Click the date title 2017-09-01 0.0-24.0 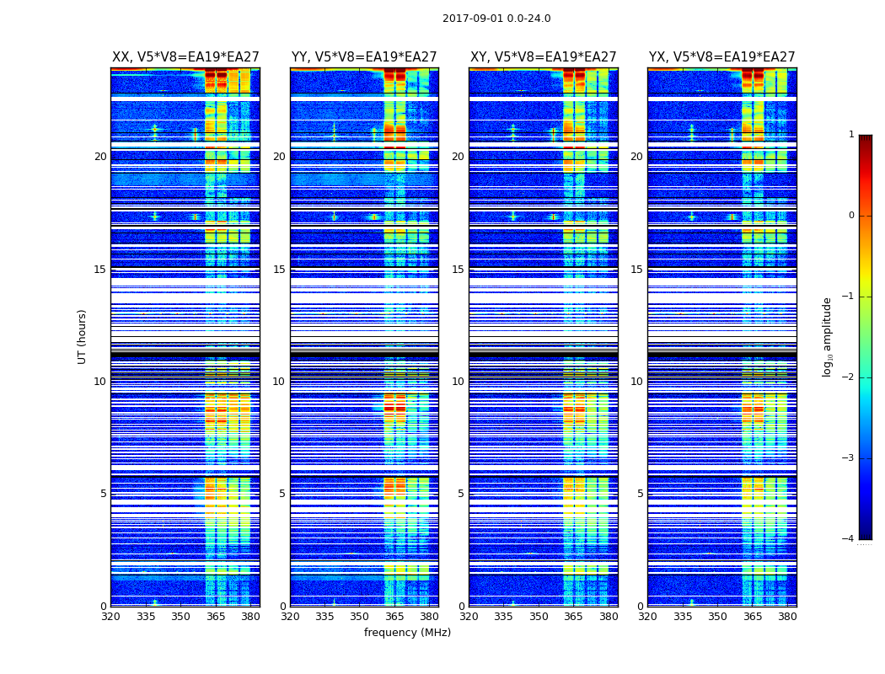[x=496, y=19]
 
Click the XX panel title [x=185, y=57]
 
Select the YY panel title [x=364, y=57]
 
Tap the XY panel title [x=544, y=57]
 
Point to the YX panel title [x=722, y=57]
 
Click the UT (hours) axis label [x=83, y=336]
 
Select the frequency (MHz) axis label [x=407, y=633]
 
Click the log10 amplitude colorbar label [x=828, y=336]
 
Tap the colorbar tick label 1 [x=851, y=135]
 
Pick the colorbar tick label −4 [x=849, y=539]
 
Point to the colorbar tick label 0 [x=851, y=216]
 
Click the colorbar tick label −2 [x=849, y=377]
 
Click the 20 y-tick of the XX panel [x=100, y=157]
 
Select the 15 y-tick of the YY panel [x=279, y=270]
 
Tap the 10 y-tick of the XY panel [x=458, y=382]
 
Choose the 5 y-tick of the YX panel [x=640, y=494]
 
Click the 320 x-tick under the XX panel [x=110, y=617]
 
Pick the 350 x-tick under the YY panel [x=360, y=617]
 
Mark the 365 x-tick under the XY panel [x=573, y=617]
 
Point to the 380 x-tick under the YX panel [x=787, y=617]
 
